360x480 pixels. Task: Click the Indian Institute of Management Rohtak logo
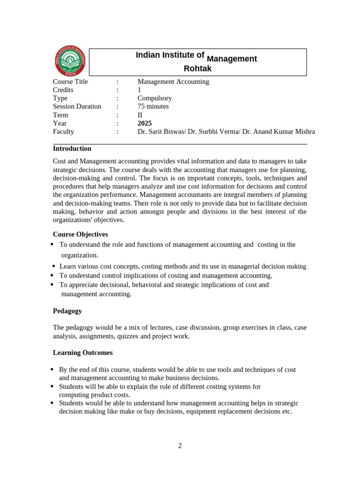[70, 61]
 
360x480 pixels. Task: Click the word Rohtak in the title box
[197, 69]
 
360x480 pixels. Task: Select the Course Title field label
[70, 82]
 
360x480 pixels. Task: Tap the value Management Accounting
[173, 82]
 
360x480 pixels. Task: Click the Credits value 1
[139, 90]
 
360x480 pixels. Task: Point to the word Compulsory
[155, 98]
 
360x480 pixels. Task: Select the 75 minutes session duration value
[153, 106]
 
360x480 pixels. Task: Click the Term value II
[140, 115]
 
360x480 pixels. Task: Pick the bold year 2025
[145, 123]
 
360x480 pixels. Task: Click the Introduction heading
[72, 149]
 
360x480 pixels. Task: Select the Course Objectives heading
[80, 234]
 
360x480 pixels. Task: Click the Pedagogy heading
[67, 311]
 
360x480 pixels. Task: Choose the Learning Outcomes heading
[82, 352]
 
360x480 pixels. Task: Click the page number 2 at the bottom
[180, 446]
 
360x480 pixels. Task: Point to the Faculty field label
[63, 132]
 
